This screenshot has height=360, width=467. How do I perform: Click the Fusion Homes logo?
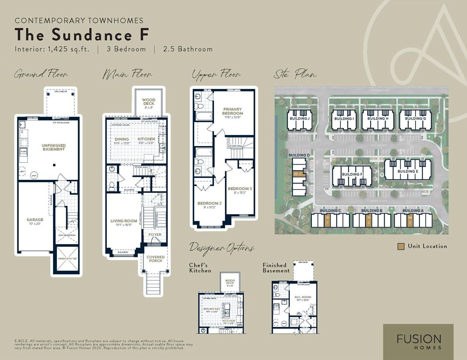(418, 342)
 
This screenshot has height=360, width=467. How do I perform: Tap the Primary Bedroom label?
(233, 111)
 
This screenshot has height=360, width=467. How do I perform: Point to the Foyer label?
(155, 234)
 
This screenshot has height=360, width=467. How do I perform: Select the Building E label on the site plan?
(407, 171)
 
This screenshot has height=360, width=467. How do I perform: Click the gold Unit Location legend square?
(400, 246)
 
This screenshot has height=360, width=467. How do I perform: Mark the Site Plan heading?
(295, 74)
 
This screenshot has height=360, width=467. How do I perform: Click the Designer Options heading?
(222, 248)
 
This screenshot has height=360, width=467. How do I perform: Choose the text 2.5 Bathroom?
(188, 49)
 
